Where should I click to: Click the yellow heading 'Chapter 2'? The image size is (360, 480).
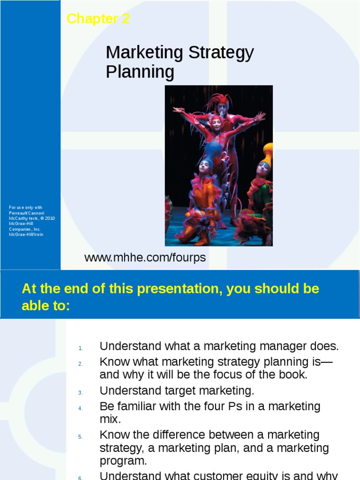[x=98, y=19]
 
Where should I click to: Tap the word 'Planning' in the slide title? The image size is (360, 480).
[x=140, y=72]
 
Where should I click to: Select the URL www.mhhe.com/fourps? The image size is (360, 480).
[x=145, y=258]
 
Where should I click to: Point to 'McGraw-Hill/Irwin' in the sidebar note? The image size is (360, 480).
[x=26, y=234]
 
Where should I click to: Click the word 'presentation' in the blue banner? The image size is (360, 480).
[x=178, y=289]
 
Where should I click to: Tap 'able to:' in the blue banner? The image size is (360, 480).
[x=45, y=306]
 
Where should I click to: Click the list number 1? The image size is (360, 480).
[x=80, y=348]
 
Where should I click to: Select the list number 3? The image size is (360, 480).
[x=80, y=393]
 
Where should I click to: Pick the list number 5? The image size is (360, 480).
[x=80, y=437]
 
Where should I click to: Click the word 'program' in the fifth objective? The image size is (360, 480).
[x=121, y=461]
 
